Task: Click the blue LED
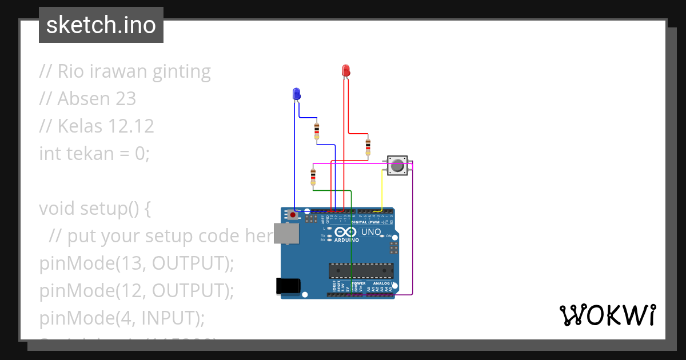click(296, 94)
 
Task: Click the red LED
click(345, 70)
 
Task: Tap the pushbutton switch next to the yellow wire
click(397, 166)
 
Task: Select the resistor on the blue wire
click(317, 131)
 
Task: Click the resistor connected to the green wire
click(313, 177)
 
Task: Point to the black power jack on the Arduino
click(288, 286)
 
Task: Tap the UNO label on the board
click(371, 232)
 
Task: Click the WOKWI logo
click(607, 315)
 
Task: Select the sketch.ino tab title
click(101, 25)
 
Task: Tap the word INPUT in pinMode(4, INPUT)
click(169, 317)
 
